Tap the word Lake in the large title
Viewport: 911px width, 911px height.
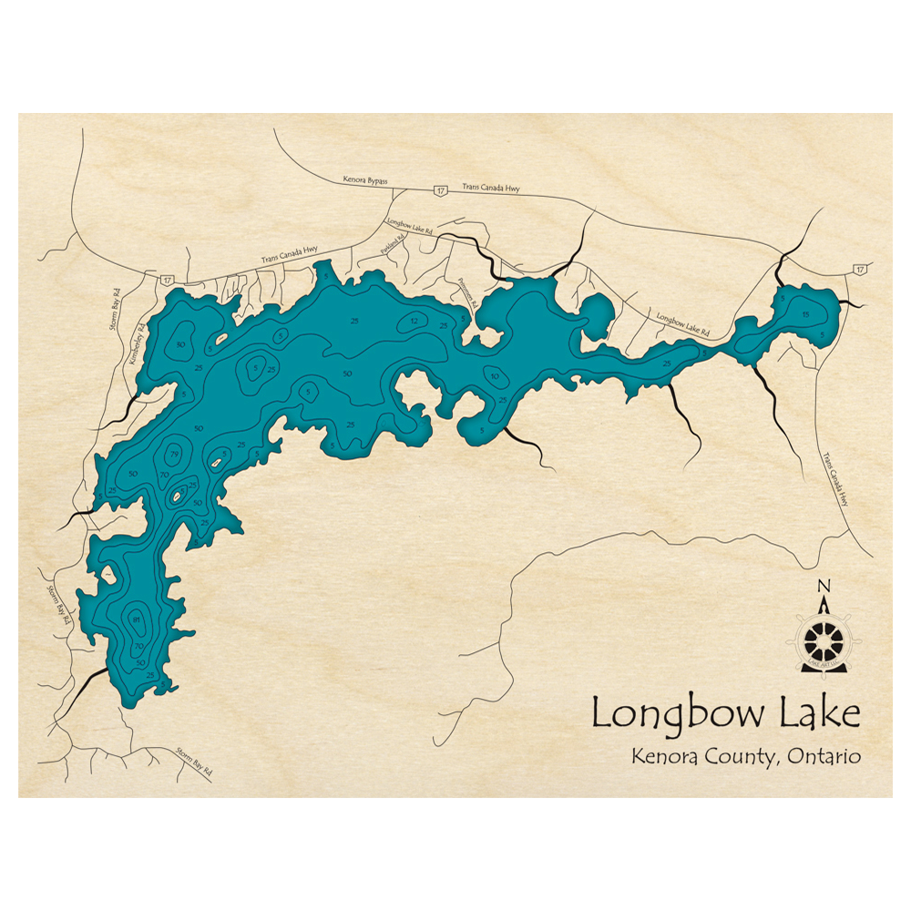(818, 712)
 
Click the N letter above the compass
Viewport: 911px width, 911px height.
(824, 586)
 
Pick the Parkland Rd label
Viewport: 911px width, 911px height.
(394, 248)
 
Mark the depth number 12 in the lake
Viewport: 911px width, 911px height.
(415, 321)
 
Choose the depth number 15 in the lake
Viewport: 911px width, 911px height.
(805, 314)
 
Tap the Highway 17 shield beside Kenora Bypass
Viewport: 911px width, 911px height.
(441, 190)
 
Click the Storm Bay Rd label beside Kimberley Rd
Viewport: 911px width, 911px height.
(116, 309)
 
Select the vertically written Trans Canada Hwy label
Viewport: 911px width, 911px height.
(839, 480)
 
